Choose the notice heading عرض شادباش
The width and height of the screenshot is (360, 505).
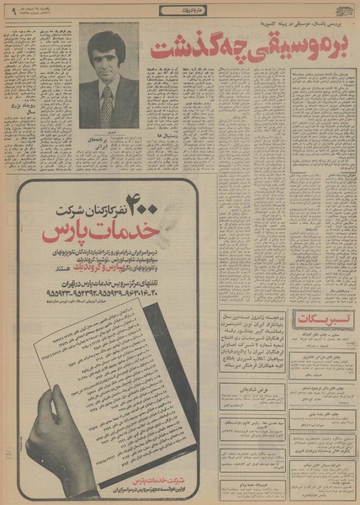pyautogui.click(x=248, y=392)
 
